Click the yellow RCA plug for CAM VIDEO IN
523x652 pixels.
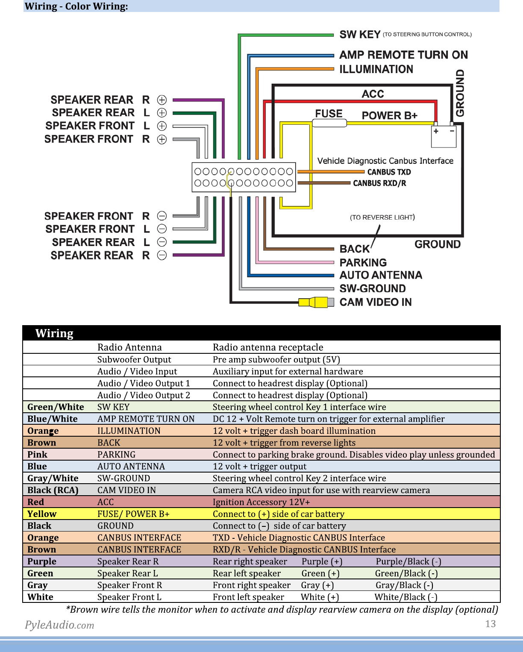pyautogui.click(x=316, y=302)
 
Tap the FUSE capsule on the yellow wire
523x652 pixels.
pyautogui.click(x=329, y=123)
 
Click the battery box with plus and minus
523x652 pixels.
pyautogui.click(x=444, y=137)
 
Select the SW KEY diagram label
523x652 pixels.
pyautogui.click(x=360, y=35)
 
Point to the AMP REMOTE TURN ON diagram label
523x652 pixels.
pyautogui.click(x=404, y=55)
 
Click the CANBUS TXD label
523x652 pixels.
pyautogui.click(x=389, y=172)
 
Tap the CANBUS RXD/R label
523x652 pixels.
pyautogui.click(x=379, y=183)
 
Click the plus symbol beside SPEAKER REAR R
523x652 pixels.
pyautogui.click(x=162, y=100)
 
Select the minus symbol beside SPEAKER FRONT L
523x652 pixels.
pyautogui.click(x=162, y=229)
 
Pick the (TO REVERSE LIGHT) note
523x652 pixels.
pyautogui.click(x=382, y=217)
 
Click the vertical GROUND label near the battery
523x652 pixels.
pyautogui.click(x=460, y=93)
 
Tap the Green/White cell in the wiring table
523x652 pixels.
pyautogui.click(x=56, y=407)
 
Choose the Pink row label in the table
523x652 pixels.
pyautogui.click(x=37, y=455)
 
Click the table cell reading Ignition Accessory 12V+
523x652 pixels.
pyautogui.click(x=261, y=502)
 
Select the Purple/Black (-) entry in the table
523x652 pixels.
pyautogui.click(x=408, y=561)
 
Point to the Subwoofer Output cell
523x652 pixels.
pyautogui.click(x=134, y=359)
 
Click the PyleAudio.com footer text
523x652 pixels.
pyautogui.click(x=59, y=625)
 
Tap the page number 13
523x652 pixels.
pyautogui.click(x=491, y=623)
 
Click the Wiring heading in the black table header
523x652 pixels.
pyautogui.click(x=54, y=333)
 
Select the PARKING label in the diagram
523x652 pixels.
pyautogui.click(x=363, y=262)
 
